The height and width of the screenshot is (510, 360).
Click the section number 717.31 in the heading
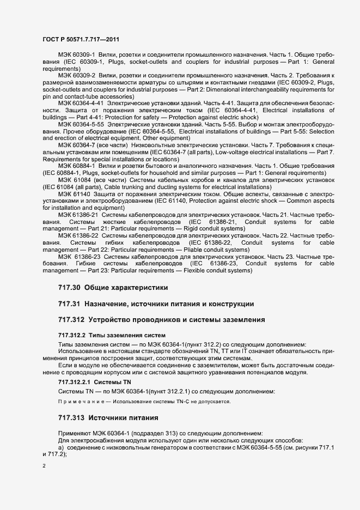point(69,303)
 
